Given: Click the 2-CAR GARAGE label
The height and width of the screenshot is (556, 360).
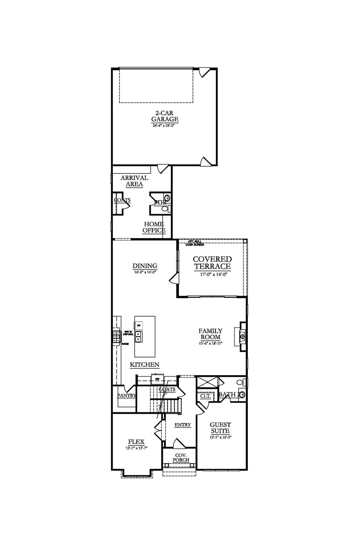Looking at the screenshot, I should click(164, 116).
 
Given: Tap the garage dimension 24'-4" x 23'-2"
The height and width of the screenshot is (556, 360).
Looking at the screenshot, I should click(165, 126).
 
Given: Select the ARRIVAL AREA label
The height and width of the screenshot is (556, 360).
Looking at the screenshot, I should click(134, 181).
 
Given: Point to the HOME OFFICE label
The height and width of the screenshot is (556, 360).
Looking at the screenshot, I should click(154, 227).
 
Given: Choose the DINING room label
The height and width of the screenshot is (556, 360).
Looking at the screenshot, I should click(145, 266).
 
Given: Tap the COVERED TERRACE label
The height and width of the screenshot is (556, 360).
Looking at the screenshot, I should click(212, 263).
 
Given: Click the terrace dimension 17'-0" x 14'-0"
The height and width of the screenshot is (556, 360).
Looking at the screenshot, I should click(212, 274).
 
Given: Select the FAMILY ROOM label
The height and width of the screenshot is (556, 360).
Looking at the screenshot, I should click(210, 334).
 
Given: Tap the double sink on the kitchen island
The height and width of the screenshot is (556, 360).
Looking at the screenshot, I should click(138, 339).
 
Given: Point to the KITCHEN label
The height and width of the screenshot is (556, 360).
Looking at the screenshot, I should click(145, 365).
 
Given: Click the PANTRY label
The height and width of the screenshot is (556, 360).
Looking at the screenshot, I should click(126, 396).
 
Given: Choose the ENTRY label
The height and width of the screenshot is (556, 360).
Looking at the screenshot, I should click(183, 425).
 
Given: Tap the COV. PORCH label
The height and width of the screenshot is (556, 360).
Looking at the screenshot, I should click(180, 457).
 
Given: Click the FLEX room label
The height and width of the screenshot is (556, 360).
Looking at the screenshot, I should click(136, 442).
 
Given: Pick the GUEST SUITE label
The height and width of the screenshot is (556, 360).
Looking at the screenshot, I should click(220, 428).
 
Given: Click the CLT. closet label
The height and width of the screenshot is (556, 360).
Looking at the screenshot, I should click(205, 396).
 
